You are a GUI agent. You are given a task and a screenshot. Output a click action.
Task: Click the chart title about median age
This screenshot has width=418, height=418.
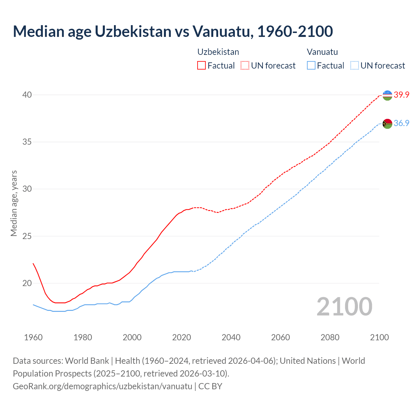173,31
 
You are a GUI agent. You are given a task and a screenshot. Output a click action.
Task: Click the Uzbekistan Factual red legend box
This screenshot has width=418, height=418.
201,66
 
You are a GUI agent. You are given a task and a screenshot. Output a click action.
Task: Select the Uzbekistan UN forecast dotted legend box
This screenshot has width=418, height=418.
245,66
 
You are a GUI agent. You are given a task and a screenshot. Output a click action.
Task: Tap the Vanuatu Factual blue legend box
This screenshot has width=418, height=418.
311,66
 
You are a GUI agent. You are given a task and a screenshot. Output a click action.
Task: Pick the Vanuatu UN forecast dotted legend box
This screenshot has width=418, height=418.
355,66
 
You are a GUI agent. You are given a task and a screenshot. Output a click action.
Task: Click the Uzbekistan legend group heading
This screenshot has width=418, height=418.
218,52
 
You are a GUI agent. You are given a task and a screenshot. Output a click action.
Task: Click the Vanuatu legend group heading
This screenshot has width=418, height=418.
322,52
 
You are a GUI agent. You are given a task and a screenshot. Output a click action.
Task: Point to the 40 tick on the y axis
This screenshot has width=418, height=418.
27,95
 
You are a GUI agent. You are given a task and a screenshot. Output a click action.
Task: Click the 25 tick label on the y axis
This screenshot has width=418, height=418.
27,236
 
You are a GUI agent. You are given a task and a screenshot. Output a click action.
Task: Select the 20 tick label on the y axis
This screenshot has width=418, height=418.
27,283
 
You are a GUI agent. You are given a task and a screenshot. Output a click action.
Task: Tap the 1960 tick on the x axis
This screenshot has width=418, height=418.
33,337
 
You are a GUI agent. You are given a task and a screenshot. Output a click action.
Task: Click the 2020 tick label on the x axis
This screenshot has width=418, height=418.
182,337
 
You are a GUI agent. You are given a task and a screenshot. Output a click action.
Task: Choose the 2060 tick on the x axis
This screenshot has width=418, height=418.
281,337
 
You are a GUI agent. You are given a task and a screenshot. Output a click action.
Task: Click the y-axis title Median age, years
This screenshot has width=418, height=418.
14,203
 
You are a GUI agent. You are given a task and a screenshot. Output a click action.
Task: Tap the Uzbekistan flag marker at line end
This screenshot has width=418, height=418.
387,95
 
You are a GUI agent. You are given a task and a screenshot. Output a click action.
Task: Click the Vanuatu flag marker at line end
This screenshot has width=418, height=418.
387,124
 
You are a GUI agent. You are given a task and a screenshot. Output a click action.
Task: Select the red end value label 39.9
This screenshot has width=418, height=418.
401,95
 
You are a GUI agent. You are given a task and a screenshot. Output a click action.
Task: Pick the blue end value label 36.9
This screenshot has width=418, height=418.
401,123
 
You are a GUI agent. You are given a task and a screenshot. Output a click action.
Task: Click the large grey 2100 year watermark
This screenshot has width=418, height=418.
345,306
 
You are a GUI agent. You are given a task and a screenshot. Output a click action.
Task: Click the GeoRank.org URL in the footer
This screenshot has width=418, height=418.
103,386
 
